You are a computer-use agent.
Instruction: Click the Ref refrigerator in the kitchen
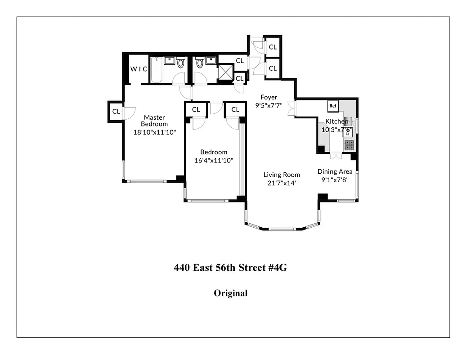(x=333, y=106)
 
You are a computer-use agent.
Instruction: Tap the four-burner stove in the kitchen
(x=349, y=145)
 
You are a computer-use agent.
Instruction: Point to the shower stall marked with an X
(x=224, y=72)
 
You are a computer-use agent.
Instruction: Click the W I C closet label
(x=139, y=69)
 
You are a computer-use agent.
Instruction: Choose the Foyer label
(x=269, y=97)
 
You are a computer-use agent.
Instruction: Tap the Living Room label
(x=282, y=175)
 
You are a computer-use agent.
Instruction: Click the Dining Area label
(x=335, y=171)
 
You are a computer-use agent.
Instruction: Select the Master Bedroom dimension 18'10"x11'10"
(x=154, y=132)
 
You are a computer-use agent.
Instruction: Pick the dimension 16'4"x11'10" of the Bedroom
(x=214, y=160)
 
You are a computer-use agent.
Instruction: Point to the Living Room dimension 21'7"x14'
(x=282, y=183)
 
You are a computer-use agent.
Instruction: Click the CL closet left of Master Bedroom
(x=116, y=111)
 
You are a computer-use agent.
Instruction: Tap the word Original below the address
(x=230, y=293)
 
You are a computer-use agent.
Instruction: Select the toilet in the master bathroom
(x=181, y=63)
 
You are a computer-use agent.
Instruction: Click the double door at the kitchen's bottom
(x=335, y=156)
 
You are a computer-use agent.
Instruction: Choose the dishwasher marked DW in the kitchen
(x=348, y=132)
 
